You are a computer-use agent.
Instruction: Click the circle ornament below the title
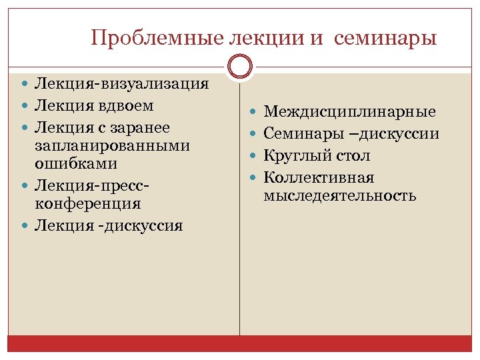239,67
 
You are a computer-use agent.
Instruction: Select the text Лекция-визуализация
122,84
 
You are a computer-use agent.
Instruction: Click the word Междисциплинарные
350,111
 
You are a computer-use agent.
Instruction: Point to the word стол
356,156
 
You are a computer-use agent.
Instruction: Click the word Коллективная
319,178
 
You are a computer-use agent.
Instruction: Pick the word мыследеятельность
340,196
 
